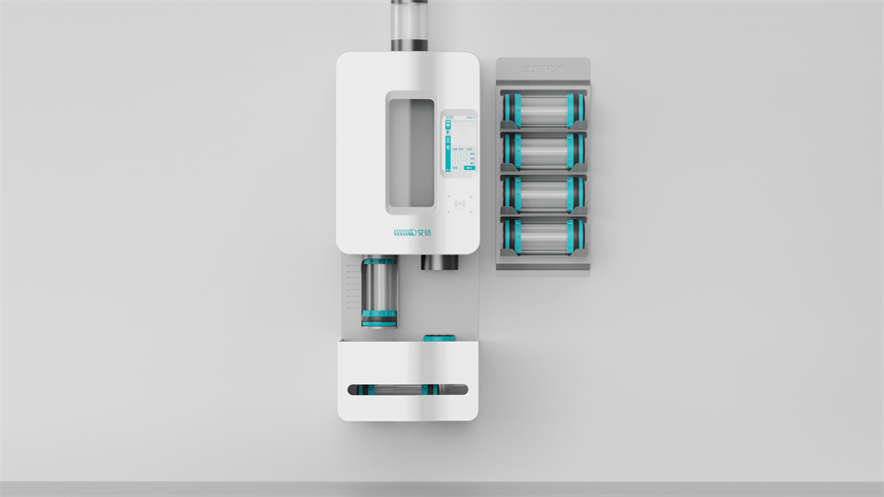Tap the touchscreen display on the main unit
coord(460,145)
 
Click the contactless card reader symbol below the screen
coord(460,203)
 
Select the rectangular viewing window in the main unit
coord(409,151)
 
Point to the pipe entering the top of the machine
coord(408,25)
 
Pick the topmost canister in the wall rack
coord(543,109)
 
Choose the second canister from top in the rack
coord(543,151)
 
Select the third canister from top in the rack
coord(543,193)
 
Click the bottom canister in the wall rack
coord(543,236)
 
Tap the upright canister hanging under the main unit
coord(379,291)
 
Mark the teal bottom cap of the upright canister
coord(379,318)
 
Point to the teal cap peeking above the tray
coord(439,338)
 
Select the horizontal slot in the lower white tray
coord(408,389)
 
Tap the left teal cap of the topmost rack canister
coord(509,109)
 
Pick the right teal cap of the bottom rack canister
coord(579,236)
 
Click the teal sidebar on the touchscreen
coord(448,145)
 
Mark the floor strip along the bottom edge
coord(442,489)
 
